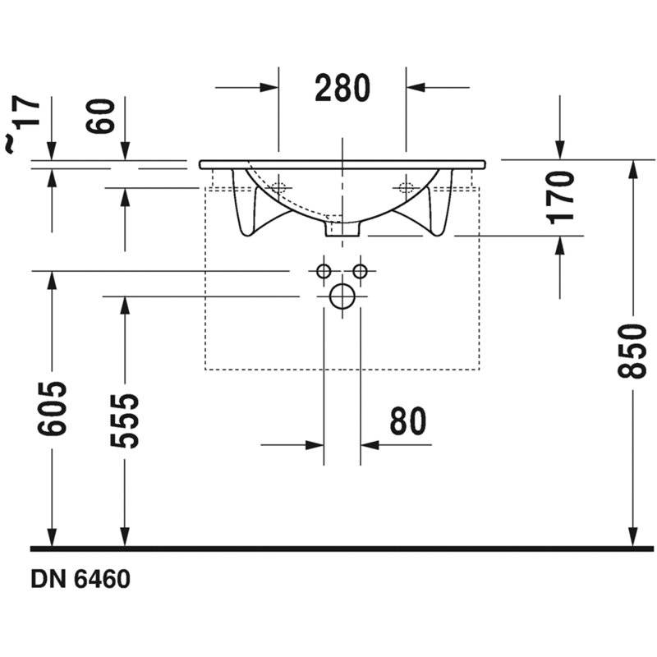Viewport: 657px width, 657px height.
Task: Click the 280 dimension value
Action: (x=342, y=88)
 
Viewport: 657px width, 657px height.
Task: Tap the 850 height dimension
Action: (x=632, y=351)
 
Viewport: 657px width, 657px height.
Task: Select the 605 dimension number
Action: (x=52, y=408)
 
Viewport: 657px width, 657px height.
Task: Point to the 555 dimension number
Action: (x=125, y=420)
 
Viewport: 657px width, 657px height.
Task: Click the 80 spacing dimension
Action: (x=407, y=421)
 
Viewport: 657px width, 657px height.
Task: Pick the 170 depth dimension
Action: (x=560, y=197)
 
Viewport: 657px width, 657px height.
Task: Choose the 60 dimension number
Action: (x=100, y=116)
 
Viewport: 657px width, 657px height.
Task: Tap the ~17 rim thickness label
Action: (x=23, y=125)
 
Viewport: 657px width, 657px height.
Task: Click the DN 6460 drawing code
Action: (x=80, y=579)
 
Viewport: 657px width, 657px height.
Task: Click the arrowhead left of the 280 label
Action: (x=269, y=88)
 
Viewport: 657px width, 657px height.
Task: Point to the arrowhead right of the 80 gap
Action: (x=370, y=445)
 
